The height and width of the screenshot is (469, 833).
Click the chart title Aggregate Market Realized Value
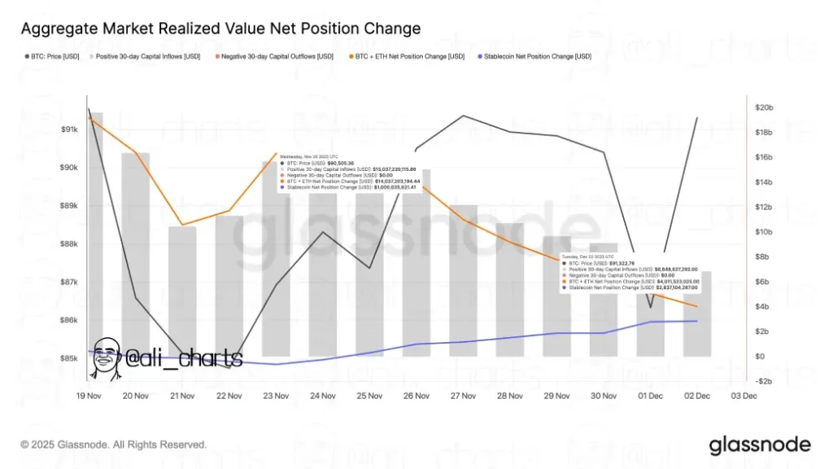tap(220, 29)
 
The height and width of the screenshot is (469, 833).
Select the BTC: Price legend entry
tap(50, 56)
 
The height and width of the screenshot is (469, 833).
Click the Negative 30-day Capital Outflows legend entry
tap(286, 56)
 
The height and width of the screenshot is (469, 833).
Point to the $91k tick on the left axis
tap(69, 129)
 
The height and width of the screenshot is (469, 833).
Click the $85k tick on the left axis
tap(69, 358)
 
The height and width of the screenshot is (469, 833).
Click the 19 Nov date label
tap(89, 396)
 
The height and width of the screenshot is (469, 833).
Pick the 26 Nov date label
tap(416, 396)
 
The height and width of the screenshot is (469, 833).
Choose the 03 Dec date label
tap(744, 396)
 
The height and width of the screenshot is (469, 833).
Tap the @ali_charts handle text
tap(183, 357)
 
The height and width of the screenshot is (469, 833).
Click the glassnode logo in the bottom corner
tap(760, 445)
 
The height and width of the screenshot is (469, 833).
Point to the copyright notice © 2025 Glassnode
tap(114, 445)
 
